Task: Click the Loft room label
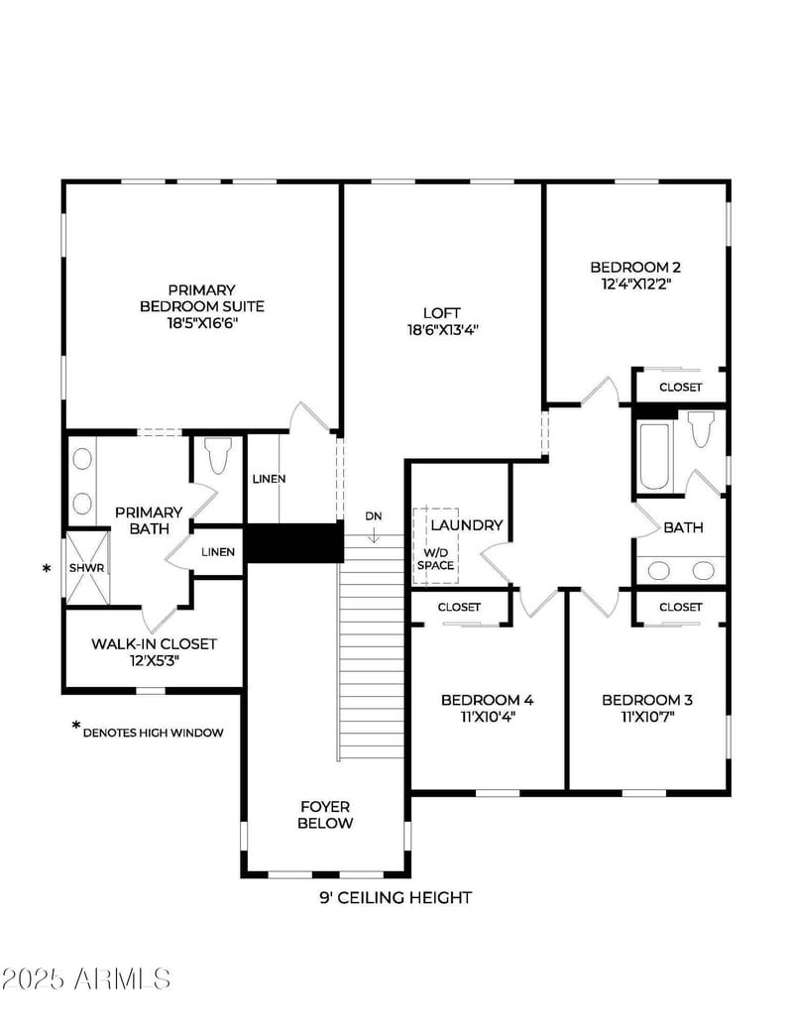tap(442, 313)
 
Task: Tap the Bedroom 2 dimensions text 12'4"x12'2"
tap(636, 284)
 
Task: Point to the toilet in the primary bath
tap(217, 455)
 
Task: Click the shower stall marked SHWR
tap(87, 568)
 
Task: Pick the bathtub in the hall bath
tap(654, 456)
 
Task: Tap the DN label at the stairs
tap(373, 516)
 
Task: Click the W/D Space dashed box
tap(436, 546)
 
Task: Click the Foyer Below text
tap(325, 815)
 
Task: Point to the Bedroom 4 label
tap(488, 700)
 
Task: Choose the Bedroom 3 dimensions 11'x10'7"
tap(647, 717)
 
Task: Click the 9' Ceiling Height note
tap(396, 897)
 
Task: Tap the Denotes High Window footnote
tap(148, 731)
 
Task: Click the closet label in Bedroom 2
tap(680, 388)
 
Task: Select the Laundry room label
tap(467, 524)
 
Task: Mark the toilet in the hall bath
tap(700, 429)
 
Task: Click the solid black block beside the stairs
tap(294, 542)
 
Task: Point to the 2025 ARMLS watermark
tap(85, 978)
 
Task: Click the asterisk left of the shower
tap(47, 568)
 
